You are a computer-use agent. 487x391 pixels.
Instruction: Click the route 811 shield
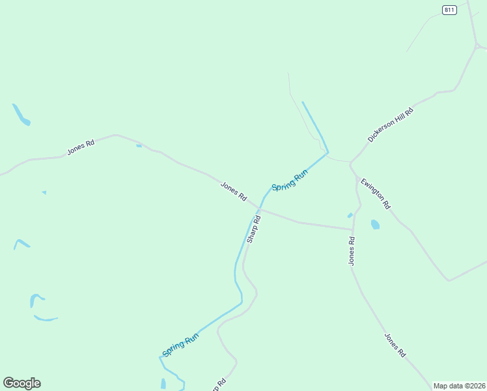tap(449, 9)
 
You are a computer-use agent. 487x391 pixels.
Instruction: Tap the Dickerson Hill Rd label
tap(391, 124)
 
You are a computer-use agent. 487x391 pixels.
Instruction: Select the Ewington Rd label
tap(376, 194)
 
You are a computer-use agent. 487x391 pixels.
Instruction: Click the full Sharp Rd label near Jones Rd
tap(254, 229)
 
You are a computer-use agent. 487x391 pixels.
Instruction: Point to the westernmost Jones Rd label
tap(81, 147)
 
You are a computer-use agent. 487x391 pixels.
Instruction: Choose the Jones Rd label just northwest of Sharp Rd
tap(234, 191)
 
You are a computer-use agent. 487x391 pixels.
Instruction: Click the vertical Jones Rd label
tap(352, 250)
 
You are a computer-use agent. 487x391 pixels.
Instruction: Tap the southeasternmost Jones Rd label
tap(395, 345)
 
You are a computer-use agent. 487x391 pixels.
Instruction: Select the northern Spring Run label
tap(290, 180)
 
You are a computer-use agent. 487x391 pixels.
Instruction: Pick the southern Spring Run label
tap(180, 345)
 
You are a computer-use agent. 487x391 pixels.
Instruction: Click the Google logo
tap(21, 383)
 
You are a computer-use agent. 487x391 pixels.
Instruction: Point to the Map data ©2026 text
tap(460, 386)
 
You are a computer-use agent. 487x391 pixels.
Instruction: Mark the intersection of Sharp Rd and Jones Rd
tap(260, 209)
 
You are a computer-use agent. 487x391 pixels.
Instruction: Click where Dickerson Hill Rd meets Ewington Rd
tap(350, 162)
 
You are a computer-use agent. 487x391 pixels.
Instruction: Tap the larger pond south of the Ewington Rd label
tap(375, 225)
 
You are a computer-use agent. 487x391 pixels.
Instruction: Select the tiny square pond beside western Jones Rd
tap(139, 145)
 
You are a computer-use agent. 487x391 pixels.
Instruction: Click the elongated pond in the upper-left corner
tap(21, 115)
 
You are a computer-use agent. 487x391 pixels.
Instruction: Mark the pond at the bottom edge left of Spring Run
tap(163, 384)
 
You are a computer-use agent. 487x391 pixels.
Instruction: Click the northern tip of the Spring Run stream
tap(303, 102)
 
